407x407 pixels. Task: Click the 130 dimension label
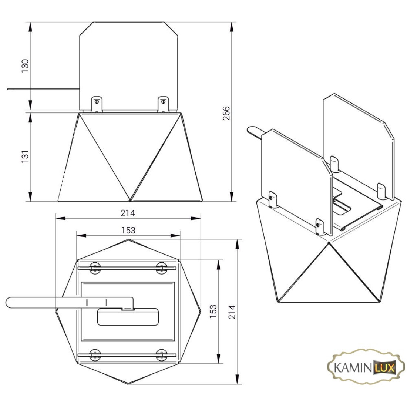(x=25, y=66)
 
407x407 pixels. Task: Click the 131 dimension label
(x=25, y=156)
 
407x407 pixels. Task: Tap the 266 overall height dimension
(x=226, y=113)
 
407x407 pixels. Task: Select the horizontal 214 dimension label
(x=128, y=213)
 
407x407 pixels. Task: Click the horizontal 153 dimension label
(x=128, y=230)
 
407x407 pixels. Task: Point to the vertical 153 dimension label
(x=213, y=311)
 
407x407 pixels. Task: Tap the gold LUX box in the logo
(x=385, y=367)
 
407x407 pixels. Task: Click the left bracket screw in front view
(x=97, y=101)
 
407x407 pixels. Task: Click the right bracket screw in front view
(x=163, y=101)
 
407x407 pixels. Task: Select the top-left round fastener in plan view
(x=95, y=268)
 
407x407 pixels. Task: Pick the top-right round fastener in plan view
(x=161, y=268)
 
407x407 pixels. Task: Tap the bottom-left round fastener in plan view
(x=95, y=355)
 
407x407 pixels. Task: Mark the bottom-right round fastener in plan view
(x=161, y=355)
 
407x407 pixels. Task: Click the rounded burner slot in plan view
(x=128, y=317)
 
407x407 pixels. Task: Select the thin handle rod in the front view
(x=43, y=89)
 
